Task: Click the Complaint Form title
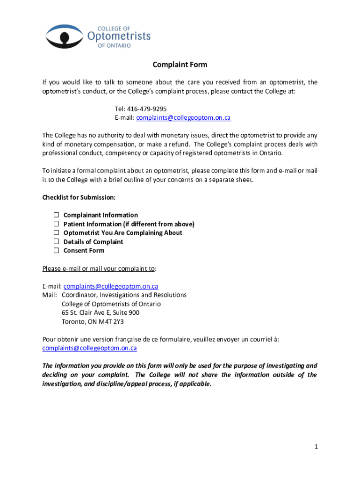[x=180, y=65]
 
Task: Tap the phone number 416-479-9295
[x=148, y=109]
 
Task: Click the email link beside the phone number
[x=183, y=118]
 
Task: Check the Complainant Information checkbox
[x=56, y=215]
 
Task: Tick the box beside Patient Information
[x=56, y=224]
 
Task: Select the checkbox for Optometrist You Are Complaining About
[x=56, y=232]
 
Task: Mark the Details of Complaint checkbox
[x=56, y=241]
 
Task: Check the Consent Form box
[x=56, y=250]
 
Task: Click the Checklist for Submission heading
[x=79, y=197]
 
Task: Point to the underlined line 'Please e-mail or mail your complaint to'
[x=99, y=269]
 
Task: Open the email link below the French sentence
[x=89, y=348]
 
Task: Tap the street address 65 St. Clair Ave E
[x=88, y=312]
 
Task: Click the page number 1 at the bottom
[x=316, y=447]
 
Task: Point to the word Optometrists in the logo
[x=119, y=36]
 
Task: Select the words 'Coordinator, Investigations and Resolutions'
[x=124, y=295]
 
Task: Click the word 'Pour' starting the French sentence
[x=49, y=339]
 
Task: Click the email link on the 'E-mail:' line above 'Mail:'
[x=111, y=286]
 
